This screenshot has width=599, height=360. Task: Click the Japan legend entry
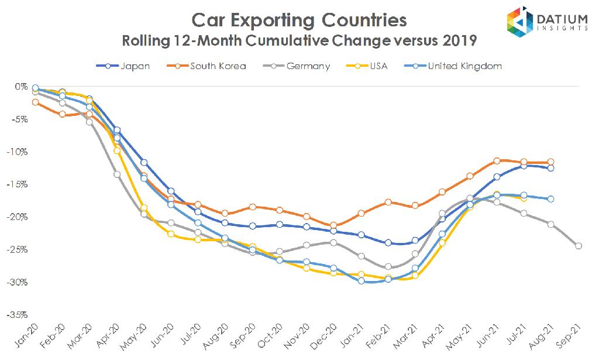click(123, 66)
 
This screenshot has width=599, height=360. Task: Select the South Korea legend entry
click(208, 66)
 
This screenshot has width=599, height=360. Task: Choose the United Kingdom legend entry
click(456, 66)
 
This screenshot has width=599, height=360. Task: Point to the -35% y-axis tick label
click(18, 314)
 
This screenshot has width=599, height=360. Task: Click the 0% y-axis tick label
click(22, 87)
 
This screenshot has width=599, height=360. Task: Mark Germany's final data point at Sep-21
click(578, 246)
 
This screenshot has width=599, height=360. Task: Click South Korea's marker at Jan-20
click(36, 102)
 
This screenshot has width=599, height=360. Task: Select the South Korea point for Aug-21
click(551, 162)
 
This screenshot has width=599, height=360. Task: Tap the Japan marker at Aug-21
click(551, 169)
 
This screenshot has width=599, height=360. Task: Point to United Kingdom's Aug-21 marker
click(551, 199)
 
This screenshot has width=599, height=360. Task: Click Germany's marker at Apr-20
click(117, 174)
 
